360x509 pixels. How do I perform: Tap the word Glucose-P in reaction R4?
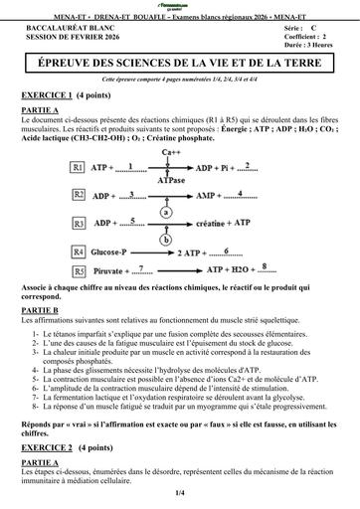[115, 253]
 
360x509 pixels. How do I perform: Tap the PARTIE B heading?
[41, 310]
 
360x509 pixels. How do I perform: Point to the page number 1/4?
[180, 492]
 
